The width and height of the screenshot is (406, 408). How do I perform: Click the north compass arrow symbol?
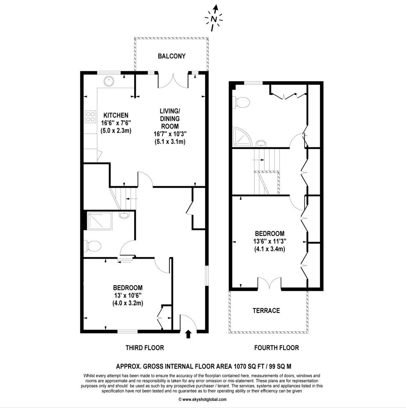tap(214, 18)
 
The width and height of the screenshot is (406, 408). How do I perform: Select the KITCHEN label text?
tap(116, 115)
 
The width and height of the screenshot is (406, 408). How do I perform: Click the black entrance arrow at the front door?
tap(188, 335)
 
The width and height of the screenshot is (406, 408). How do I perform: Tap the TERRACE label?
tap(266, 311)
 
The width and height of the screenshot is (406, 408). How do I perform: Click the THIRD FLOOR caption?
tap(144, 348)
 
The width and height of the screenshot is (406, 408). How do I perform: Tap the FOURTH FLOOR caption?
tap(276, 348)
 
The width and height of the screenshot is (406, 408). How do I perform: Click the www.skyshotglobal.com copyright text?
tap(203, 399)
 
